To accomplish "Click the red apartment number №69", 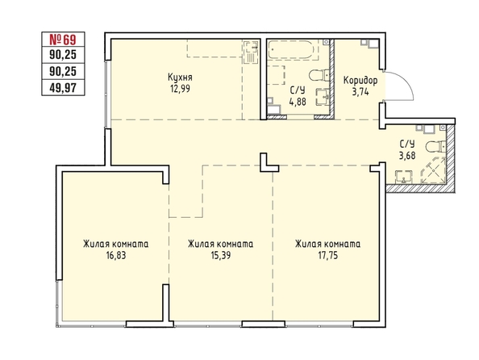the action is tap(63, 40).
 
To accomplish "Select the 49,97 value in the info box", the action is tap(63, 88).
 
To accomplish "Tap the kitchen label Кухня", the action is tap(181, 77).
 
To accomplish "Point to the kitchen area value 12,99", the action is tap(181, 89).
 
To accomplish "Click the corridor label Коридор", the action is tap(360, 81).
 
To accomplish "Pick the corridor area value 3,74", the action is tap(360, 92).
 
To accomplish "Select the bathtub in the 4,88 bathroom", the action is tap(290, 50).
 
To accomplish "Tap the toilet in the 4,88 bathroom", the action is tap(319, 75).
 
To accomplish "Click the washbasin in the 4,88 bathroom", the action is tap(323, 97).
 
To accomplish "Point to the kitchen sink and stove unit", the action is tap(252, 52).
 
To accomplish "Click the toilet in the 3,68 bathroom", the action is tap(437, 147).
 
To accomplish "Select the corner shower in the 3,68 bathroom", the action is tap(433, 171).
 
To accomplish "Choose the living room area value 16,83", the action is tap(116, 255).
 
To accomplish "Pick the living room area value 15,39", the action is tap(221, 255).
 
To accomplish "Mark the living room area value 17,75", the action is tap(328, 255).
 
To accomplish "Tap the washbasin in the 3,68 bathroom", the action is tap(404, 178).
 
